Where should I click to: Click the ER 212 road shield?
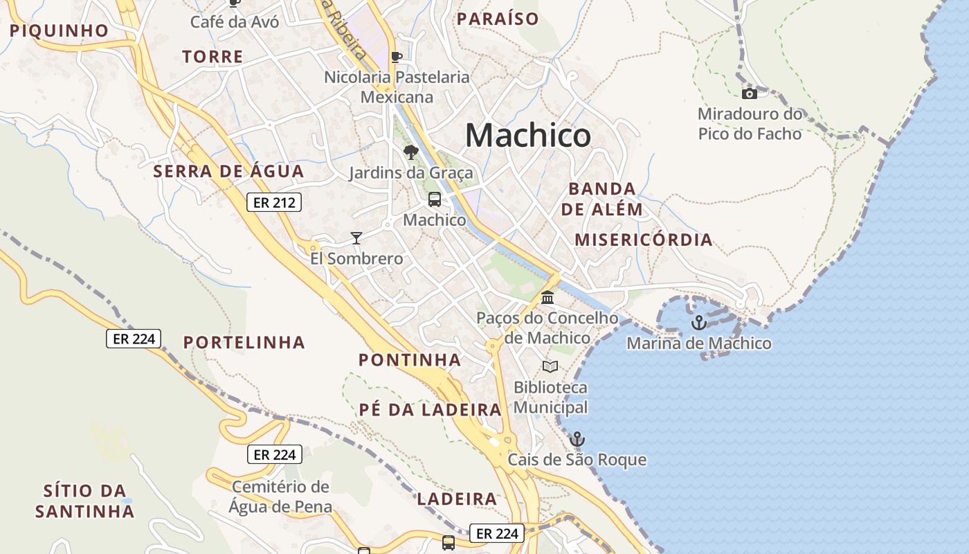pyautogui.click(x=274, y=202)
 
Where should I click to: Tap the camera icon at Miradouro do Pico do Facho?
pyautogui.click(x=749, y=93)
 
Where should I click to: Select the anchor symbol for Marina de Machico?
pyautogui.click(x=699, y=322)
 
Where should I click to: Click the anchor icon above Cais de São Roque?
pyautogui.click(x=577, y=439)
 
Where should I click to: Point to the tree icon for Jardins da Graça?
pyautogui.click(x=411, y=152)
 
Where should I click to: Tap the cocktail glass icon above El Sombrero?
pyautogui.click(x=356, y=238)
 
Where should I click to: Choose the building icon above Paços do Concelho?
pyautogui.click(x=547, y=298)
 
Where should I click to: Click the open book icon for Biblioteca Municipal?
pyautogui.click(x=550, y=366)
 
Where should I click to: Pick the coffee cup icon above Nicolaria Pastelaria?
pyautogui.click(x=397, y=57)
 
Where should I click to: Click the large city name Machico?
pyautogui.click(x=528, y=135)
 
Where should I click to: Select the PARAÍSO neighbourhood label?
pyautogui.click(x=498, y=19)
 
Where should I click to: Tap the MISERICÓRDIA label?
pyautogui.click(x=644, y=240)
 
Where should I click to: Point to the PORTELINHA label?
pyautogui.click(x=244, y=342)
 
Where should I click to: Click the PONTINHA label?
pyautogui.click(x=410, y=360)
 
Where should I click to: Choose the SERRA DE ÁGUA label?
pyautogui.click(x=228, y=172)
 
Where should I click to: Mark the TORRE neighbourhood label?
pyautogui.click(x=212, y=57)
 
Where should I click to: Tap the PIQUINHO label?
pyautogui.click(x=59, y=30)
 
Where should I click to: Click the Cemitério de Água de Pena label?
pyautogui.click(x=280, y=496)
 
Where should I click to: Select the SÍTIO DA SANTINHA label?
pyautogui.click(x=84, y=501)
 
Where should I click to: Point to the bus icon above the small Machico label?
pyautogui.click(x=435, y=199)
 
